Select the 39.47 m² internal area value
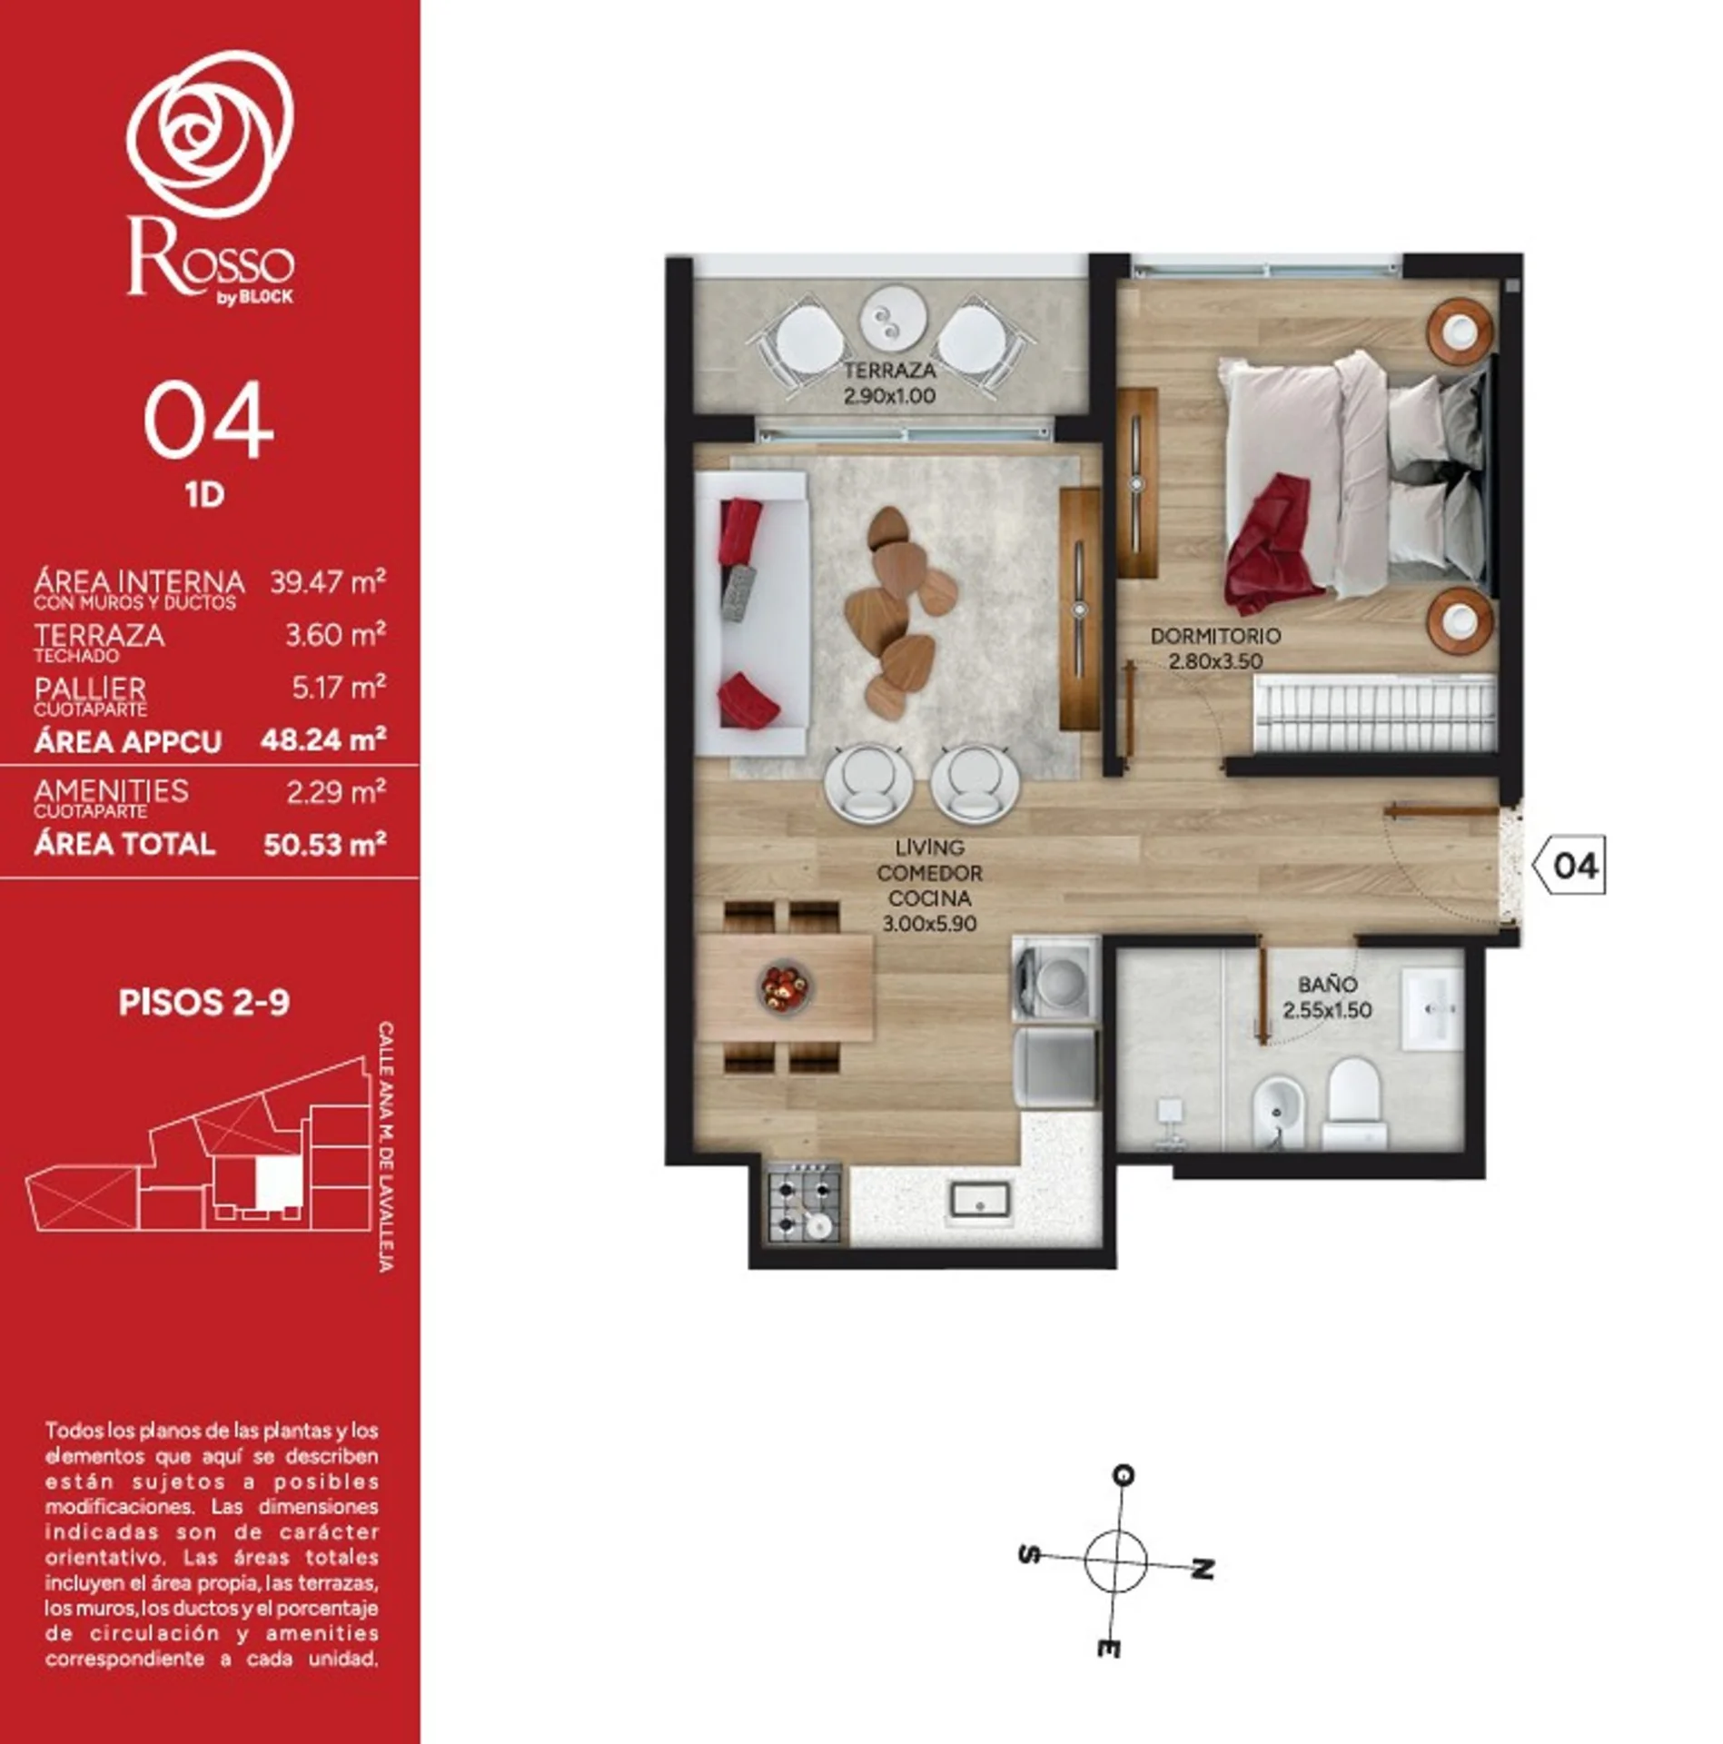[x=328, y=581]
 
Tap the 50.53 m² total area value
[x=324, y=845]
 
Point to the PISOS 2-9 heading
[x=204, y=1002]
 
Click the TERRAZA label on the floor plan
[x=889, y=371]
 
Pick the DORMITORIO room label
[x=1215, y=636]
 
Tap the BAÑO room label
[x=1327, y=984]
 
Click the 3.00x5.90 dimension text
[x=929, y=924]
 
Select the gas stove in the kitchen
[x=803, y=1202]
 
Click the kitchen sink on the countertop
[x=980, y=1199]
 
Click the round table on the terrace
[x=894, y=317]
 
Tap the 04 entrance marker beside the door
[x=1570, y=865]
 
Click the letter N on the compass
[x=1202, y=1569]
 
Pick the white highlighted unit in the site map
[x=277, y=1184]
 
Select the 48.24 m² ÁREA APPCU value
[x=323, y=739]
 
